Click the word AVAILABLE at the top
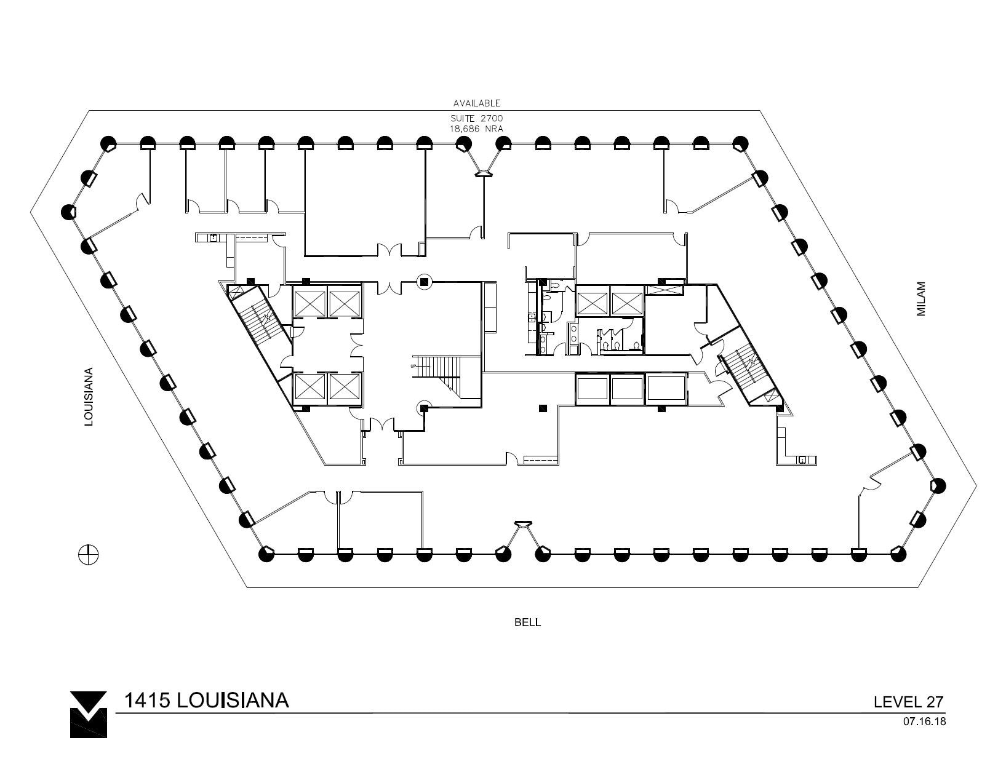(477, 103)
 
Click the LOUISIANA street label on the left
(89, 397)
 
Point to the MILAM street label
(921, 299)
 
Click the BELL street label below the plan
(527, 622)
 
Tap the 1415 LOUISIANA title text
(206, 700)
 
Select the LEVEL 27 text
(909, 702)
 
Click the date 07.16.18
(924, 722)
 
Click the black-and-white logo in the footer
(89, 714)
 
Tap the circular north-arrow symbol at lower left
(88, 554)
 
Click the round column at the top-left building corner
(109, 143)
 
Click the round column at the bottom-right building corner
(898, 554)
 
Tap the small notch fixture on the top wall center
(483, 174)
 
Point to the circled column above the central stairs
(423, 282)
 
